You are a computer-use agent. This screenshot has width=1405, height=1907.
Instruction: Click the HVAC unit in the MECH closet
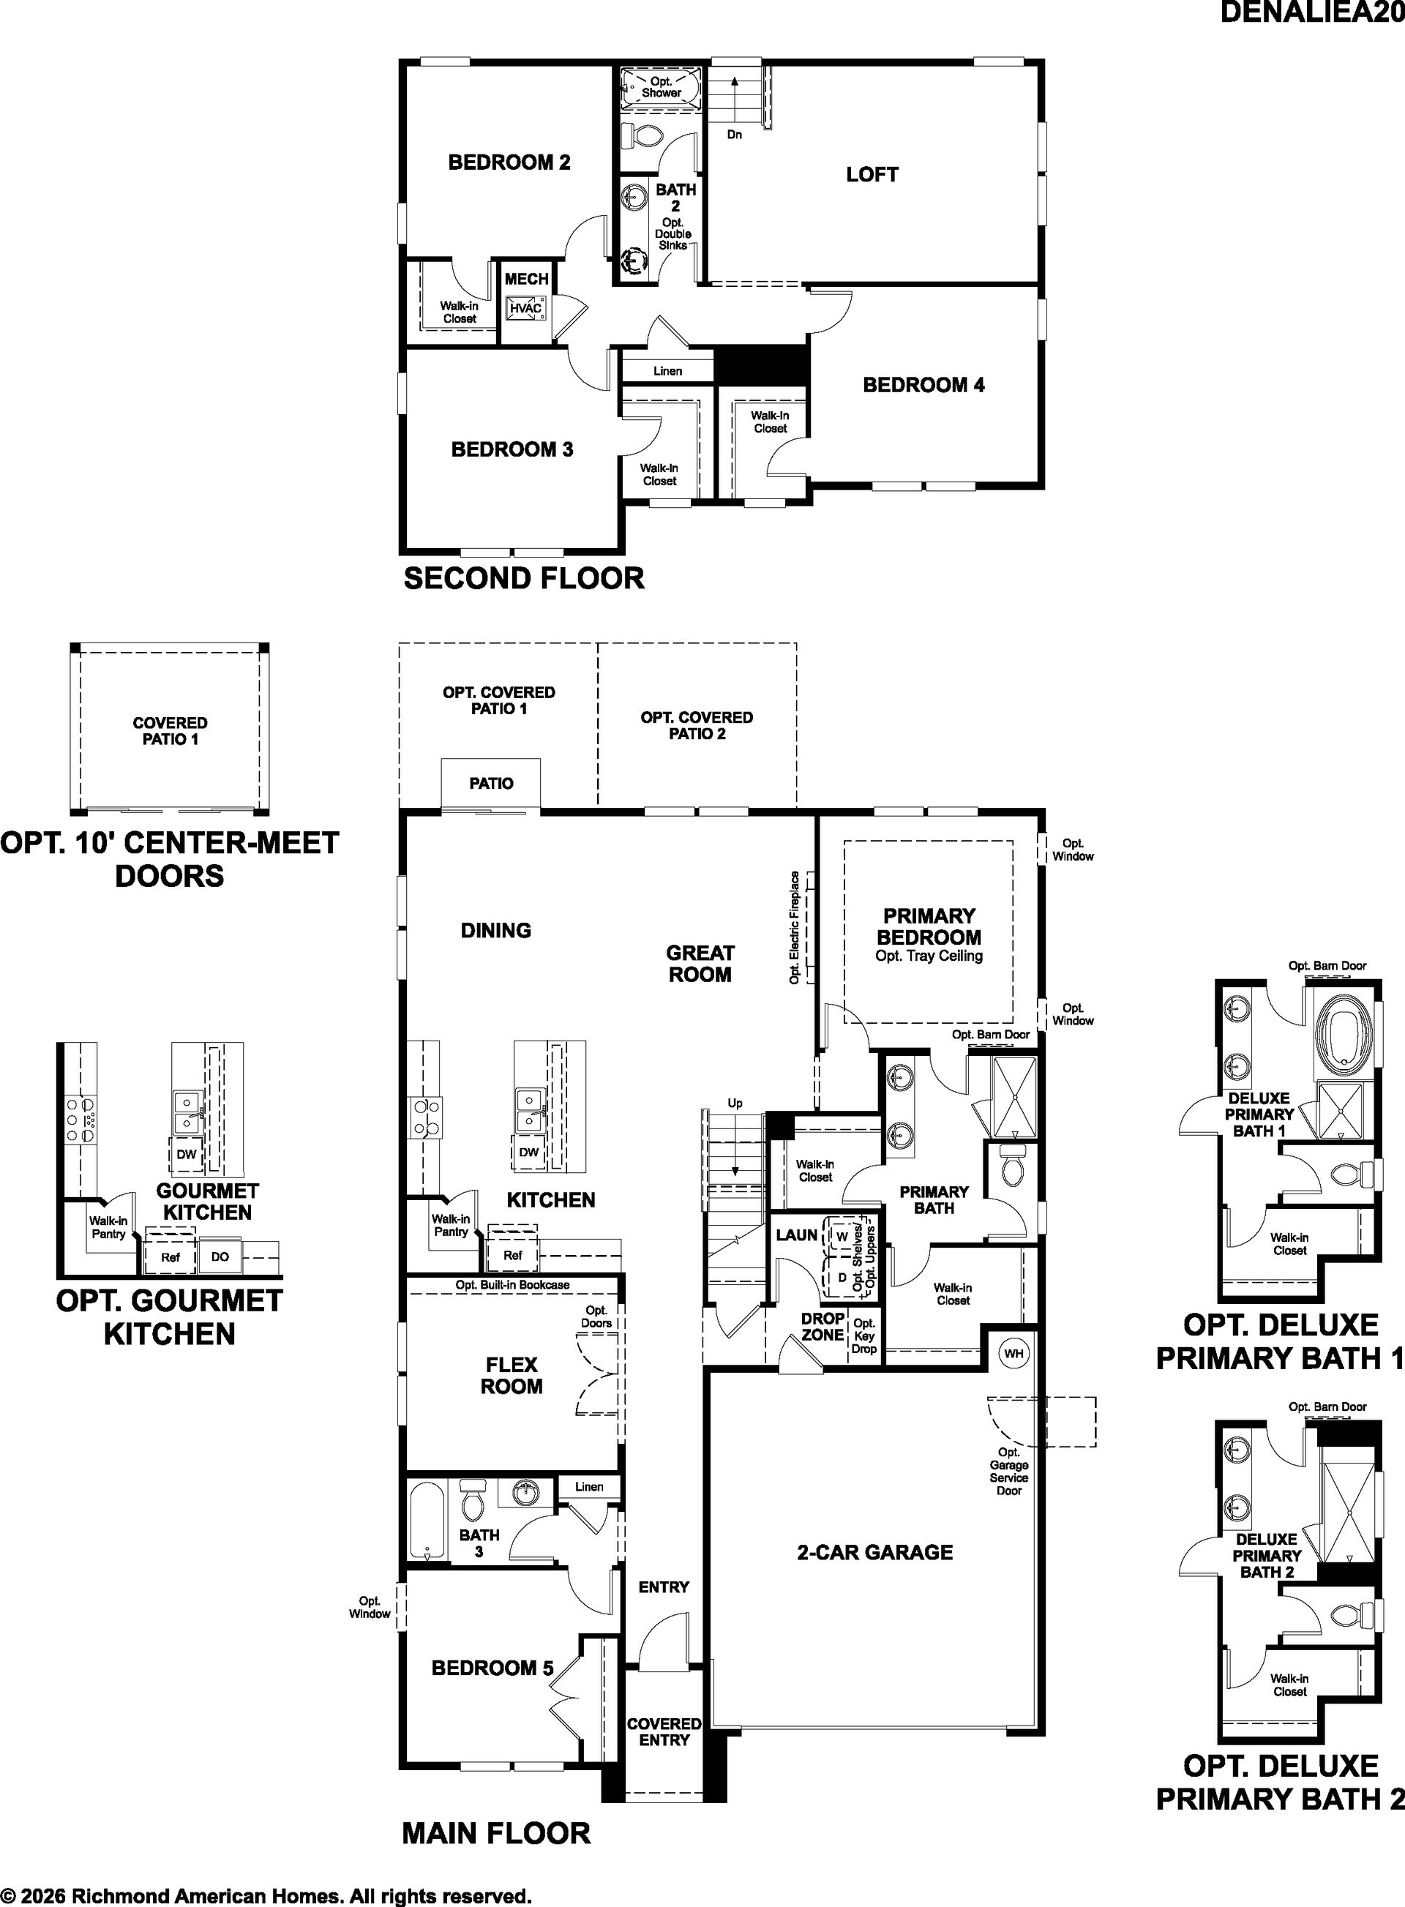[x=525, y=307]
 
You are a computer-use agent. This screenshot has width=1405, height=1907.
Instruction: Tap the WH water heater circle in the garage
[x=1014, y=1352]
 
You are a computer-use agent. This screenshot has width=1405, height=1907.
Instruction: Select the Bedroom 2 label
[x=509, y=162]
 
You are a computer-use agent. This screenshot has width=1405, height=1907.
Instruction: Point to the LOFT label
[x=872, y=174]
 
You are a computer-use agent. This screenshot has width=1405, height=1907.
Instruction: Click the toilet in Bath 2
[x=641, y=135]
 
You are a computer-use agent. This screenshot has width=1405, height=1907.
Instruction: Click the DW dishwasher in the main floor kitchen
[x=529, y=1153]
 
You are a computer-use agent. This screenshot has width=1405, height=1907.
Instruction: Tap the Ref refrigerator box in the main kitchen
[x=512, y=1254]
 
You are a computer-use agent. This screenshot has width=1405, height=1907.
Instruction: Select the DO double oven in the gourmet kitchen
[x=220, y=1256]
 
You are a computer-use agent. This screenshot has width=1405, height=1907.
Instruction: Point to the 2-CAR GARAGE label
[x=874, y=1552]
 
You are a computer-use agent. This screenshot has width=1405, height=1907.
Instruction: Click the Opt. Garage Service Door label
[x=1008, y=1472]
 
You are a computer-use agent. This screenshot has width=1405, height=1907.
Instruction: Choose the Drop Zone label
[x=823, y=1327]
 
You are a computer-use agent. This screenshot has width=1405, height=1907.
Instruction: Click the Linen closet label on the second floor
[x=667, y=371]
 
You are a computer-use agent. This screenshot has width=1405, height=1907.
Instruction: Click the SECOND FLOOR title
[x=524, y=578]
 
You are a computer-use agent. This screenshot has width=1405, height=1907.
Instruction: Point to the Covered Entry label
[x=664, y=1732]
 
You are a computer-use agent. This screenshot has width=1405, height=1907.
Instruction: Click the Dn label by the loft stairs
[x=735, y=135]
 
